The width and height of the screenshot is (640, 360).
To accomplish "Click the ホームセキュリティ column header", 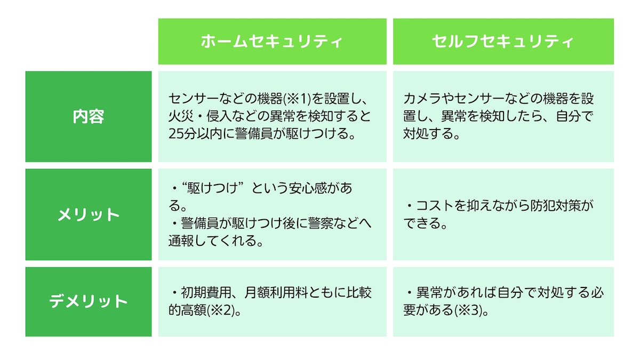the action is [x=271, y=42].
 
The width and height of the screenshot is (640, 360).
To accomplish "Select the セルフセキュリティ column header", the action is [x=503, y=42].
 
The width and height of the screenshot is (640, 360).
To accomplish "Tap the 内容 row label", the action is [x=89, y=117].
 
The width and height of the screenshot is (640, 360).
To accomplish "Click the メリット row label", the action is [x=89, y=214].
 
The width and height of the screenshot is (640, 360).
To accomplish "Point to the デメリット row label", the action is [x=89, y=301].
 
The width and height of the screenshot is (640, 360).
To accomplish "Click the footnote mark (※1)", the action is [x=297, y=99].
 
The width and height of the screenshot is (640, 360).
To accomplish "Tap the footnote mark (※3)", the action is [x=468, y=310].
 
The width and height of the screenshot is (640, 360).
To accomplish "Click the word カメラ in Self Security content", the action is [x=422, y=99].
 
